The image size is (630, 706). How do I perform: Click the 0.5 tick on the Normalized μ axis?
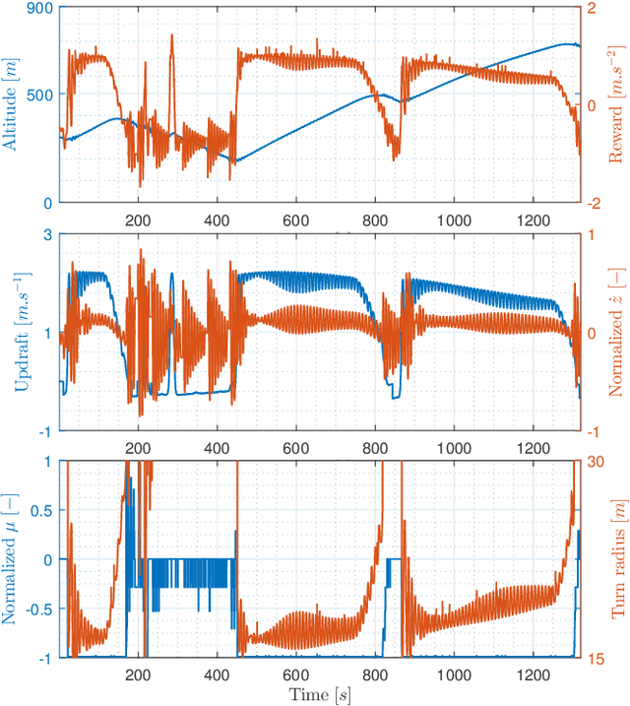click(x=40, y=510)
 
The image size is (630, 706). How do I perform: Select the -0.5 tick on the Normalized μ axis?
click(x=37, y=608)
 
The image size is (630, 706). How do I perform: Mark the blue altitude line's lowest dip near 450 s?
click(x=235, y=160)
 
